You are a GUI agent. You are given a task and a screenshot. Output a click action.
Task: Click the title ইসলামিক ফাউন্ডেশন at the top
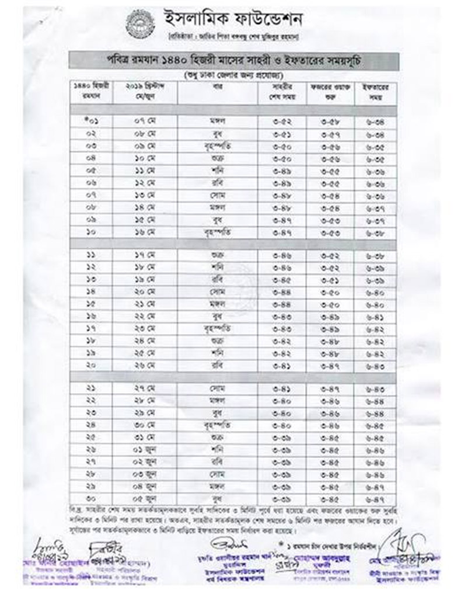point(233,20)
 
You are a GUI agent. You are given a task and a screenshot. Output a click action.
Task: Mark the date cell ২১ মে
point(143,304)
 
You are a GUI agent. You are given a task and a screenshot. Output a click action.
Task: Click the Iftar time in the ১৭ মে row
point(375,255)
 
